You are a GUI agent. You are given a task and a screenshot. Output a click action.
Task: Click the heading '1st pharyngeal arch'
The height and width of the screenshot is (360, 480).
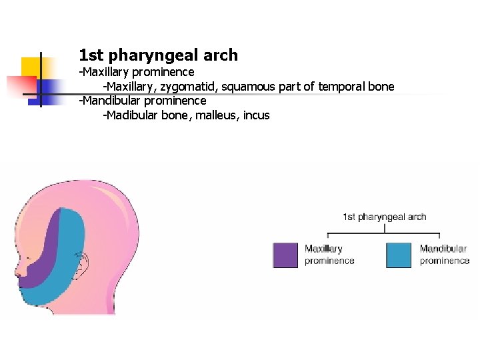(158, 55)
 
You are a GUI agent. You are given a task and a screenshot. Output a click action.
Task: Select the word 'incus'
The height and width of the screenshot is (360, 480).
(256, 115)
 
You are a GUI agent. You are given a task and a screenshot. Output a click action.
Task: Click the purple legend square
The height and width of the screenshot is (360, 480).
(285, 255)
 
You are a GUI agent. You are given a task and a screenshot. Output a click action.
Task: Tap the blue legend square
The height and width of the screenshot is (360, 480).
(399, 255)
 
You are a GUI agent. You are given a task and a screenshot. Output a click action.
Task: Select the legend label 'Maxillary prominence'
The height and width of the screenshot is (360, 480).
(329, 255)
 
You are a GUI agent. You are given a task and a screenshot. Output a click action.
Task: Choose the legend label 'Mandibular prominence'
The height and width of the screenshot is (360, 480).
(445, 255)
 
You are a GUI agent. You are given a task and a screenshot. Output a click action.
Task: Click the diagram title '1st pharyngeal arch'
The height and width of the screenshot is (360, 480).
(385, 217)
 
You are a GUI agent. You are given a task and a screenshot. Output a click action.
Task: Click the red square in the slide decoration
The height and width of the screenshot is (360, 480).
(21, 86)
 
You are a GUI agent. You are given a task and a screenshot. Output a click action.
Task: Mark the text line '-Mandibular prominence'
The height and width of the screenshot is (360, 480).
(143, 101)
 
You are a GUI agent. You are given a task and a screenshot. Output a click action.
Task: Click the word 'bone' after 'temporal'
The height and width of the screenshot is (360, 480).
(381, 87)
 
